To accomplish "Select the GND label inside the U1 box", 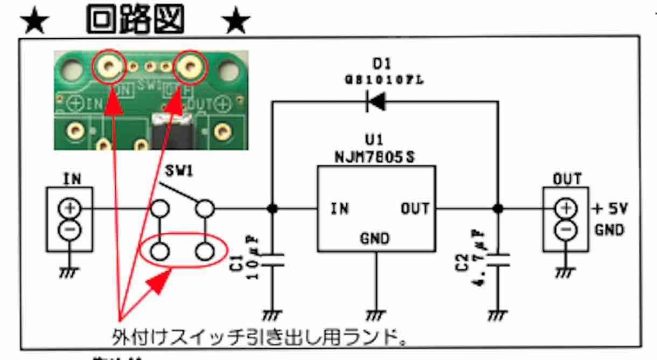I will (375, 238).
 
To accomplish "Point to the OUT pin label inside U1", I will (414, 209).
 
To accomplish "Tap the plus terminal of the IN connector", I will (70, 208).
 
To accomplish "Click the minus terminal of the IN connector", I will (70, 230).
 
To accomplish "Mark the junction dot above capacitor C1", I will (272, 209).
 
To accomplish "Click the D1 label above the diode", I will (381, 64).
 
